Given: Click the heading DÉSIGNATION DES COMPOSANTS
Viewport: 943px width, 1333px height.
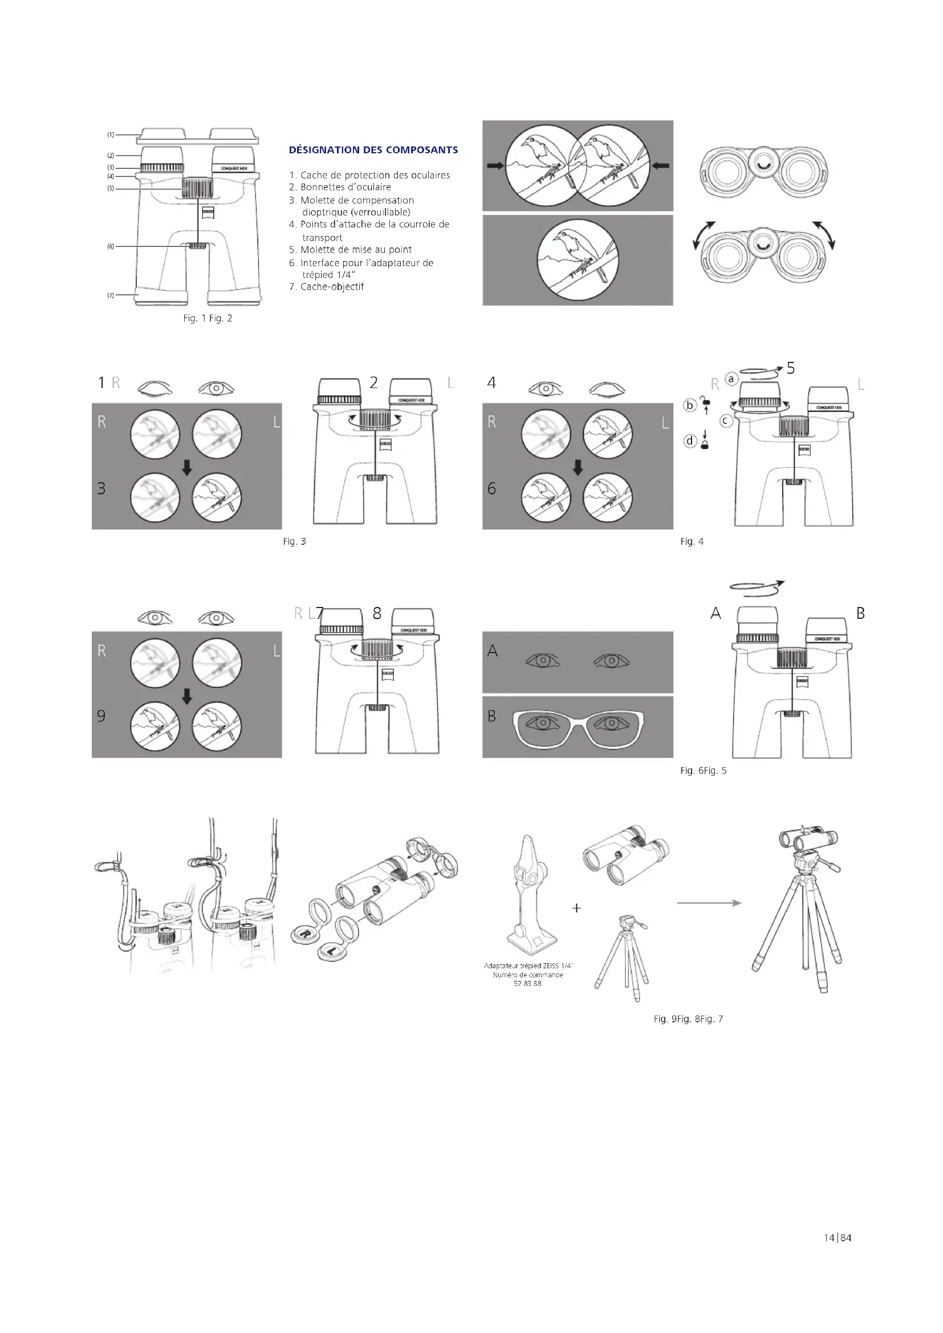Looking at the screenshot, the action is pos(373,150).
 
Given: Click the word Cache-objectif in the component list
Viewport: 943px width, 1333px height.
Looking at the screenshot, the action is pos(332,287).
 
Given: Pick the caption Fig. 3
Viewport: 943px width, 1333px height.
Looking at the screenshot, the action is pos(294,541).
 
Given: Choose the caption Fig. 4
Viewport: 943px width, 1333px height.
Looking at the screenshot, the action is pos(692,541).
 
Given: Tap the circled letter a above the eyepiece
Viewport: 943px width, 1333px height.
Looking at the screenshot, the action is pos(731,379).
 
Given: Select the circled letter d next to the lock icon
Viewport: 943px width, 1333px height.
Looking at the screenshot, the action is pos(690,441).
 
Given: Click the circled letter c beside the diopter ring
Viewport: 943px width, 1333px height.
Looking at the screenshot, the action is pos(726,421).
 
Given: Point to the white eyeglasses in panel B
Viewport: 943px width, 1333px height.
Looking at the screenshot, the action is pos(578,726).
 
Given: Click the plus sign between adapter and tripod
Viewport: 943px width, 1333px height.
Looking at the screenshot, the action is pos(576,908).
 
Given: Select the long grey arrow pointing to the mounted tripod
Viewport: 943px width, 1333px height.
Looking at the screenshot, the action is pos(709,903).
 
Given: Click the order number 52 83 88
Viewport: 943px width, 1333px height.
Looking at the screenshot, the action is pos(527,984).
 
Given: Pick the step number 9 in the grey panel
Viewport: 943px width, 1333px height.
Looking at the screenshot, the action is pos(101,716).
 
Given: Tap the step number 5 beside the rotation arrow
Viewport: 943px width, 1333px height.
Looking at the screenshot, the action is pos(790,368).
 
